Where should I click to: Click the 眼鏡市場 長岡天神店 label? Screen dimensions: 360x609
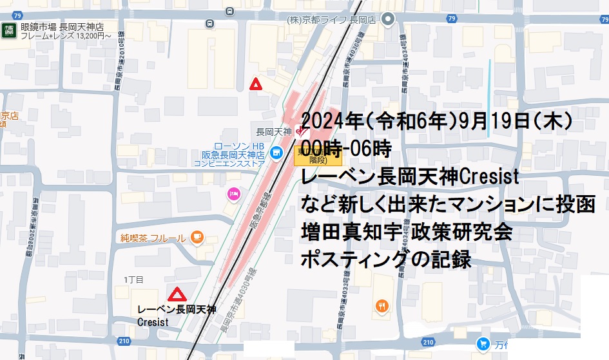tap(61, 28)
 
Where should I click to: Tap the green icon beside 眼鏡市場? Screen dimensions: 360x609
tap(9, 30)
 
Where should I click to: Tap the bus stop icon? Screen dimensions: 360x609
tap(210, 24)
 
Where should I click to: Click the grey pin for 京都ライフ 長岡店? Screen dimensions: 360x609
tap(387, 20)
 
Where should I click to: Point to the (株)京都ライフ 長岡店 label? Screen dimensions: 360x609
tap(331, 20)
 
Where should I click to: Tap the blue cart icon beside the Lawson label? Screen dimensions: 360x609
tap(276, 153)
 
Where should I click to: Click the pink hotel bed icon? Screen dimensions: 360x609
tap(233, 193)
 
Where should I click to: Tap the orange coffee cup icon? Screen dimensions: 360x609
tap(197, 238)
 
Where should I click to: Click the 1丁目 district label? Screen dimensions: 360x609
tap(133, 279)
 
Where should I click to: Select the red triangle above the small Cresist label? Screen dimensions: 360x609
tap(177, 295)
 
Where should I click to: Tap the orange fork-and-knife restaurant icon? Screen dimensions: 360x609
tap(382, 306)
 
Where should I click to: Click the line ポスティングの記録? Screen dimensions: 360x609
tap(387, 259)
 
